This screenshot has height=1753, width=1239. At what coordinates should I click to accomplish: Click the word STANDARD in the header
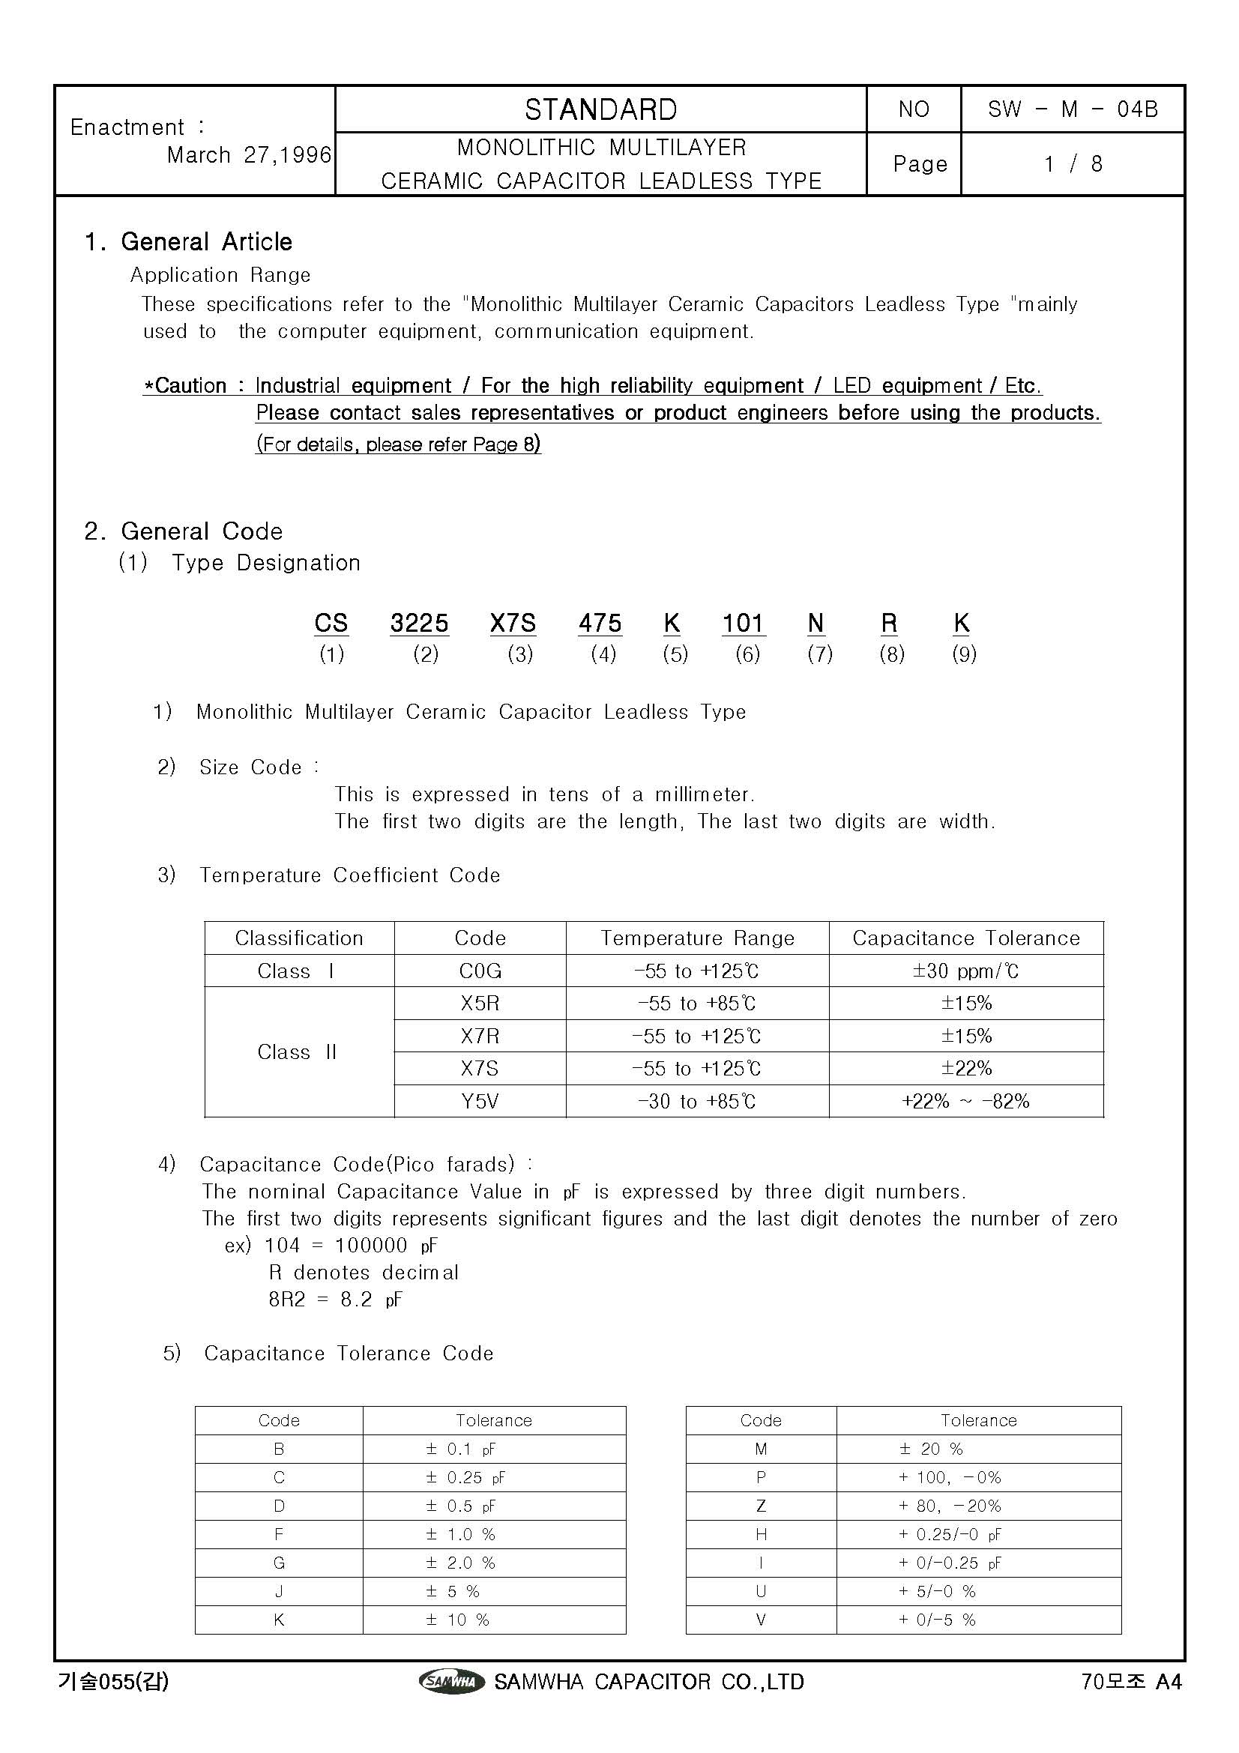point(601,110)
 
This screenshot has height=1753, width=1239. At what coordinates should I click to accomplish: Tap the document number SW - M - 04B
point(1073,110)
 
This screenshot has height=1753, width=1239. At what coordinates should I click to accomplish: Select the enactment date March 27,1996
point(249,155)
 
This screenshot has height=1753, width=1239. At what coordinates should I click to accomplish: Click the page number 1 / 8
point(1073,164)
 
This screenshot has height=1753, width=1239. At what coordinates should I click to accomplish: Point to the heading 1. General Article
point(188,242)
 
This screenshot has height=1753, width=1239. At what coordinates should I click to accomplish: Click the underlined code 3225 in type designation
point(419,624)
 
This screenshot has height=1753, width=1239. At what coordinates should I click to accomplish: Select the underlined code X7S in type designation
point(512,624)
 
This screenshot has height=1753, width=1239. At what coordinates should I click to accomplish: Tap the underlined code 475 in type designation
point(600,624)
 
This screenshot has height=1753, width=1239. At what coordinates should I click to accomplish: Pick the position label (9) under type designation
point(963,654)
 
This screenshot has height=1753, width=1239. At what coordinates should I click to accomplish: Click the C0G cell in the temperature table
point(480,971)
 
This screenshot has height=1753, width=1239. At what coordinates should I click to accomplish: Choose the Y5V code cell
point(480,1101)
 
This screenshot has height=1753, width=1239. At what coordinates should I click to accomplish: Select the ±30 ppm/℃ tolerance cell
point(965,971)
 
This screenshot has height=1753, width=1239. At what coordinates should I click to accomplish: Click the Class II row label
point(298,1052)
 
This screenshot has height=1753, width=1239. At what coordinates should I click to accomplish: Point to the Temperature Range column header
point(697,938)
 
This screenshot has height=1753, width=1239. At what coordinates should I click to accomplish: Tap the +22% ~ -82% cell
point(965,1101)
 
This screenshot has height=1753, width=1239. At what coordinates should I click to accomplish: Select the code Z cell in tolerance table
point(760,1506)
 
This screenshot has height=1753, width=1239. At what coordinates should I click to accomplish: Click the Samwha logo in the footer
point(451,1681)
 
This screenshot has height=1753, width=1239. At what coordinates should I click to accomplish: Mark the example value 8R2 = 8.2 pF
point(335,1300)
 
